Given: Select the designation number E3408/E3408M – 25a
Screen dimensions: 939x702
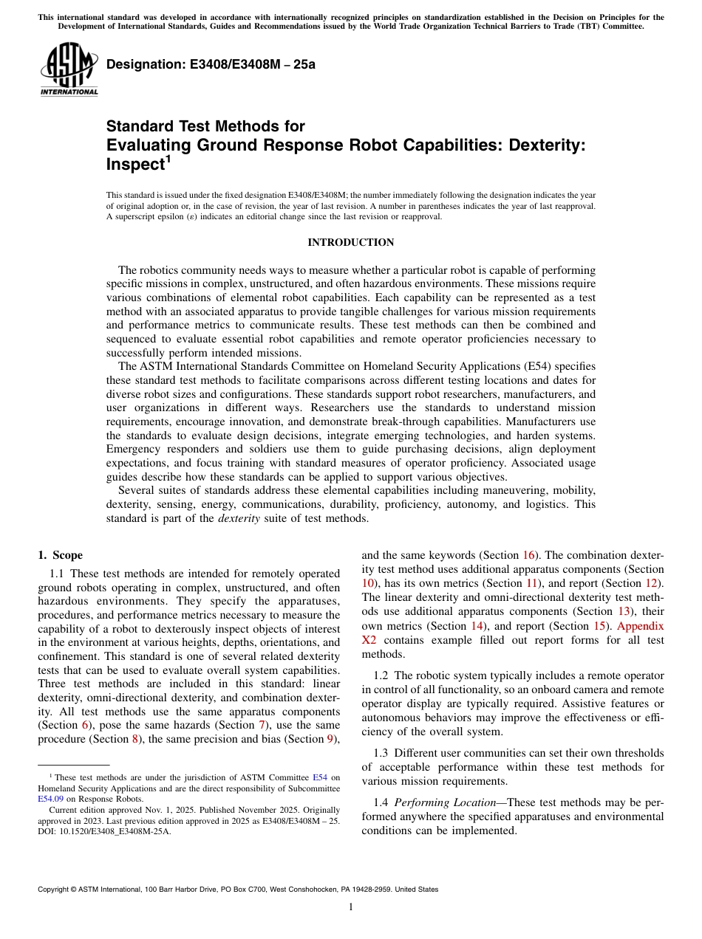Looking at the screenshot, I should (211, 64).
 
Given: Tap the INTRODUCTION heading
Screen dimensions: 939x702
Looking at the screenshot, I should (350, 242).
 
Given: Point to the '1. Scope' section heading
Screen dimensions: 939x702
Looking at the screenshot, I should (60, 555).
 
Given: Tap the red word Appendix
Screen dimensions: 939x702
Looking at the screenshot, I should (640, 626).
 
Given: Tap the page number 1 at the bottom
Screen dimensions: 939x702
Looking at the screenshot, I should (350, 907).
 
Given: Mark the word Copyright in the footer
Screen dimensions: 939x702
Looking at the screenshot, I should (56, 890).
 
